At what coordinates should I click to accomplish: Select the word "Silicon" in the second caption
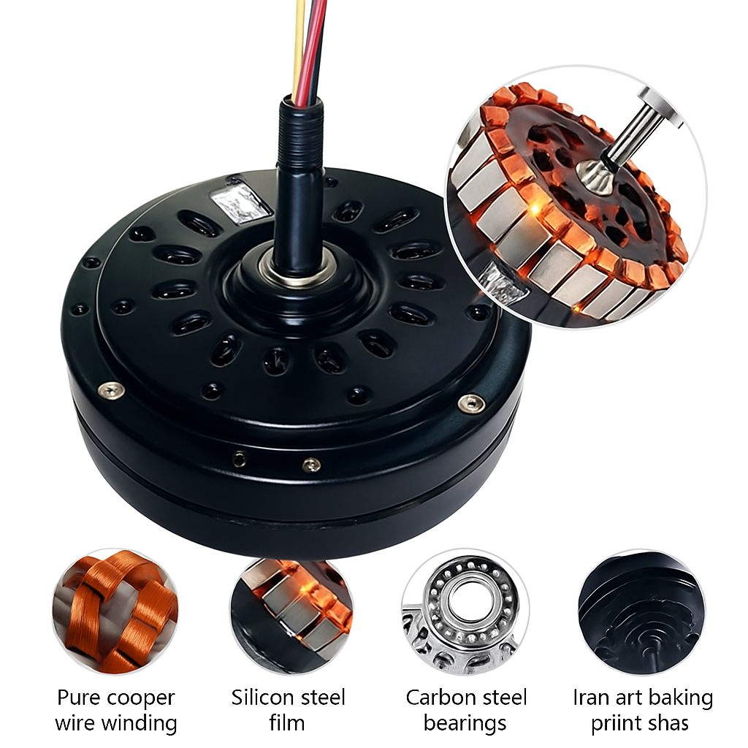point(261,698)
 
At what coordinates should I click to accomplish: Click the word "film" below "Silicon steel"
point(286,722)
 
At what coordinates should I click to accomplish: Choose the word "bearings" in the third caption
point(465,724)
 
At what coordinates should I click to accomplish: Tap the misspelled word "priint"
point(616,724)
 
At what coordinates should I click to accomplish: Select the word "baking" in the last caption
point(684,698)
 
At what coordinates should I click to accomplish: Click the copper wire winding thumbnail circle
point(115,612)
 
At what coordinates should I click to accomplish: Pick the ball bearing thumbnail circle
point(465,612)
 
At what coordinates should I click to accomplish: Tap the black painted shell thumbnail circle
point(641,612)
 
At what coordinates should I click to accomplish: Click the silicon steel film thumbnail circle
point(291,612)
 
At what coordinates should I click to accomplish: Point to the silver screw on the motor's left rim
point(111,390)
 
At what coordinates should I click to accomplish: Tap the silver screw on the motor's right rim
point(471,403)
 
